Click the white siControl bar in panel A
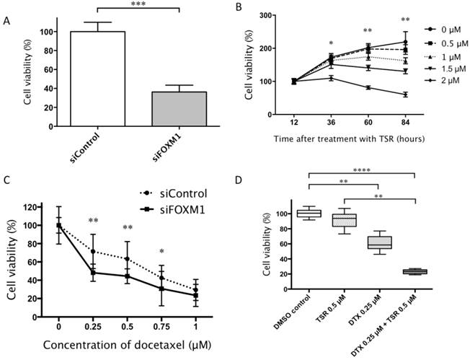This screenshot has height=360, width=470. point(93,79)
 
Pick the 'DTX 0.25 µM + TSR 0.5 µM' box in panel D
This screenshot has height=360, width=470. point(414,271)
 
